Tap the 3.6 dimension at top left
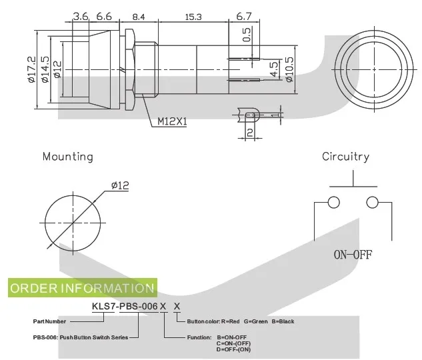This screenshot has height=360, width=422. pyautogui.click(x=81, y=16)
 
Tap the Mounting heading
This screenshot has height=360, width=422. pyautogui.click(x=67, y=157)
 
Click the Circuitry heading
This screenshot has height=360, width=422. pyautogui.click(x=345, y=157)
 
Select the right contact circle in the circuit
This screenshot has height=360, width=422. pyautogui.click(x=372, y=203)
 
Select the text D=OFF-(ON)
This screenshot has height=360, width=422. pyautogui.click(x=234, y=349)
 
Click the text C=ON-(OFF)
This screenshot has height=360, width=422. pyautogui.click(x=234, y=343)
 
